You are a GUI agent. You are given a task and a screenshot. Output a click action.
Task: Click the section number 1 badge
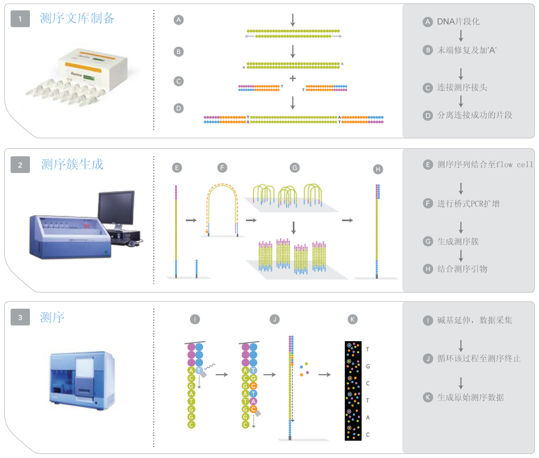click(21, 19)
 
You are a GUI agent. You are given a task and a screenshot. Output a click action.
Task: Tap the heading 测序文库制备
click(77, 19)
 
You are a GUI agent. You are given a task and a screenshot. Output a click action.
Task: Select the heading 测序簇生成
click(72, 165)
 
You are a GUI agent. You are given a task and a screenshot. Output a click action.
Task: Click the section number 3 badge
click(21, 317)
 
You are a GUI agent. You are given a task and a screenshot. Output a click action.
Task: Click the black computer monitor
click(116, 205)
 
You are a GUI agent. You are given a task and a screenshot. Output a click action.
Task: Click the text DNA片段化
click(458, 22)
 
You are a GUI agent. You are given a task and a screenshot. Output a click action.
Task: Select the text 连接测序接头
click(462, 87)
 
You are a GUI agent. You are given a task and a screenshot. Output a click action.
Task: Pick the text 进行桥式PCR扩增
click(468, 203)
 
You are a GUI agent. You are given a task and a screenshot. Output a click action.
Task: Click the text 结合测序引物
click(462, 269)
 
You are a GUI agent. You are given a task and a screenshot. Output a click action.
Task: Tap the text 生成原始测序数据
click(470, 398)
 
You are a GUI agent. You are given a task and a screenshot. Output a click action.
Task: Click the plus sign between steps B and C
click(293, 78)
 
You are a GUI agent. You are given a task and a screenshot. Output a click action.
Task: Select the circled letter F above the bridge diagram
click(222, 168)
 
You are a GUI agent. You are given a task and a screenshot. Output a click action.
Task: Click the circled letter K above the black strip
click(353, 319)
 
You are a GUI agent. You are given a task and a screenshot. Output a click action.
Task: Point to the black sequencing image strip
click(353, 390)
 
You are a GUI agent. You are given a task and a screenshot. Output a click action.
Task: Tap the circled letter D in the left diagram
click(178, 108)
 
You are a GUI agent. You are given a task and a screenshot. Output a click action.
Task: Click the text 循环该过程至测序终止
click(474, 359)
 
